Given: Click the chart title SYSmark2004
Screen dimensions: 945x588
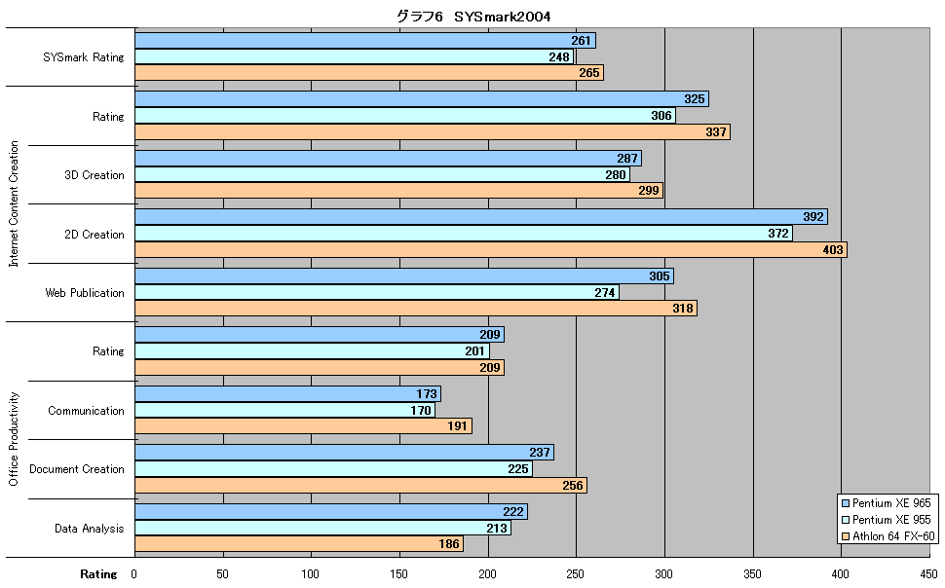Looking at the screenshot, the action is pyautogui.click(x=473, y=17).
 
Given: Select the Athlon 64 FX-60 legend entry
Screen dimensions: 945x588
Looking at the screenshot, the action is pyautogui.click(x=888, y=536).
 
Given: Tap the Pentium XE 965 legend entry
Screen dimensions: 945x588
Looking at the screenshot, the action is pyautogui.click(x=887, y=503).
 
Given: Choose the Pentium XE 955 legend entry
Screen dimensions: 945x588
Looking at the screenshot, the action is pyautogui.click(x=887, y=519).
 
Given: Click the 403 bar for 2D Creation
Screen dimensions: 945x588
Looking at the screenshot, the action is pyautogui.click(x=491, y=249).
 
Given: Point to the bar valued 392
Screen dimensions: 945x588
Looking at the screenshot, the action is pyautogui.click(x=481, y=216).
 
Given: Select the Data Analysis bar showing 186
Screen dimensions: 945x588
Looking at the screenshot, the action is pyautogui.click(x=299, y=544).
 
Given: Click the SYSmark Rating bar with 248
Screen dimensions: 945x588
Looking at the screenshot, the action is pyautogui.click(x=354, y=56).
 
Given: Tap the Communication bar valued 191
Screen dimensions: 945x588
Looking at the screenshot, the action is pyautogui.click(x=303, y=426).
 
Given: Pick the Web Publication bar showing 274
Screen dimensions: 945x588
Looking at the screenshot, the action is pyautogui.click(x=377, y=292).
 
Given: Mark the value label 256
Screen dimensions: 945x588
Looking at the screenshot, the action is pyautogui.click(x=573, y=486).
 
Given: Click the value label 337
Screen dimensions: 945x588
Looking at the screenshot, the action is pyautogui.click(x=716, y=132).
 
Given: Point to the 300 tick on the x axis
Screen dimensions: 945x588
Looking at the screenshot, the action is pyautogui.click(x=663, y=574).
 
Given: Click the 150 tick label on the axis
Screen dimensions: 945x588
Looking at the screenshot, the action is pyautogui.click(x=399, y=574).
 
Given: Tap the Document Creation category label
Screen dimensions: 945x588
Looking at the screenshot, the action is pyautogui.click(x=77, y=468).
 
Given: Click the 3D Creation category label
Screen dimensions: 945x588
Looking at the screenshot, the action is pyautogui.click(x=94, y=174).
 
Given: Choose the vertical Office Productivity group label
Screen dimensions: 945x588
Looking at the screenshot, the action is pyautogui.click(x=14, y=439).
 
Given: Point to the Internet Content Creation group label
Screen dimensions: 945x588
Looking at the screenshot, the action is pyautogui.click(x=14, y=203).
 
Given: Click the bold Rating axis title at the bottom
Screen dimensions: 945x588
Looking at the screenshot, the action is pyautogui.click(x=98, y=574).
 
